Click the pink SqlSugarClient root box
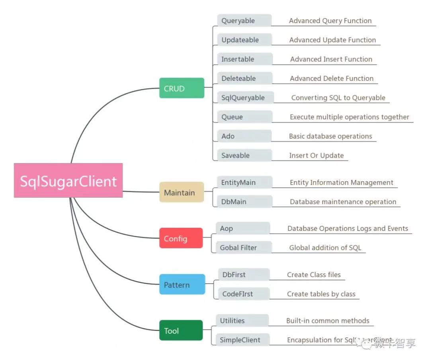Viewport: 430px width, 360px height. (68, 180)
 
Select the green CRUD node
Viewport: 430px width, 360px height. (182, 88)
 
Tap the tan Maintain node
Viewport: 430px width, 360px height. (182, 192)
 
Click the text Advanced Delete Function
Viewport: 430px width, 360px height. (332, 78)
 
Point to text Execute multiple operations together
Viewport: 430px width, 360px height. (349, 117)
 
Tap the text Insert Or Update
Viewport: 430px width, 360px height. (316, 156)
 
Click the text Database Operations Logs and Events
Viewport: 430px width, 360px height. (348, 229)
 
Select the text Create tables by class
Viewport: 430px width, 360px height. (321, 294)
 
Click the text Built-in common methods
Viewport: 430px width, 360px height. (328, 321)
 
